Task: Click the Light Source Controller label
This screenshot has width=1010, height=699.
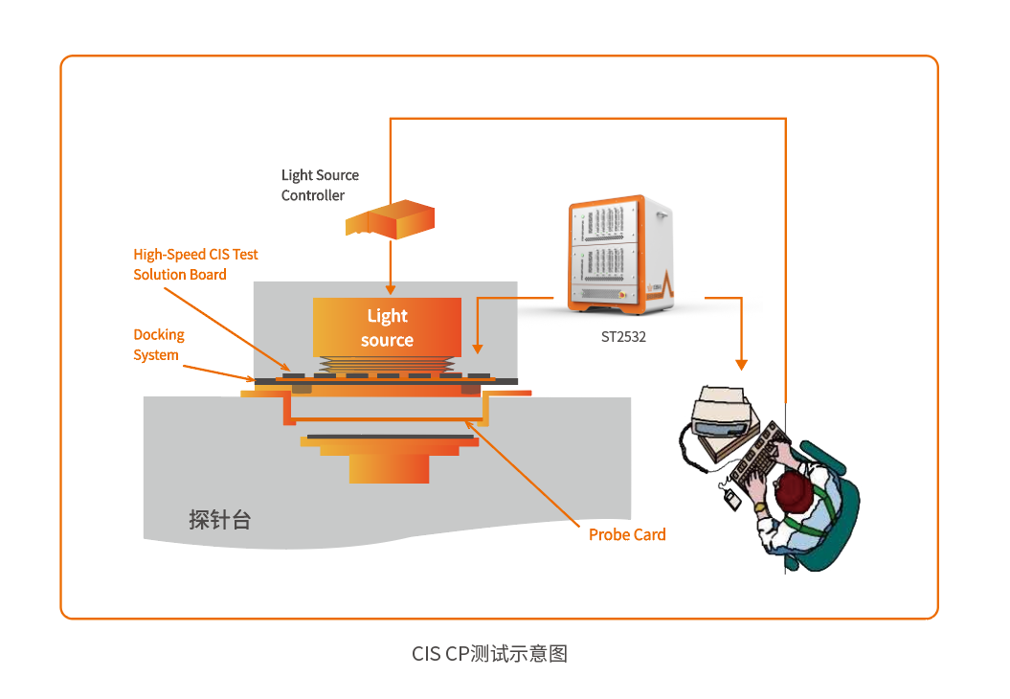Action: coord(320,185)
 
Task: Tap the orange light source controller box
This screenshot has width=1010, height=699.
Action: coord(390,219)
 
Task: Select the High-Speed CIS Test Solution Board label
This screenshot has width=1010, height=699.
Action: coord(195,264)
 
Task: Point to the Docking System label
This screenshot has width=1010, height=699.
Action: coord(158,345)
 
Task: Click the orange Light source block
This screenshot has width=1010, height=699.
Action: coord(387,327)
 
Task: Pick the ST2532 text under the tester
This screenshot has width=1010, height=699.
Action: coord(622,336)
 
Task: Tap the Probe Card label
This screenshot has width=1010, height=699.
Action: coord(627,534)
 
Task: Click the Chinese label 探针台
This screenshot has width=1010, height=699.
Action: coord(219,520)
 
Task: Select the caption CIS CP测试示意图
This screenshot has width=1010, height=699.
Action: coord(489,654)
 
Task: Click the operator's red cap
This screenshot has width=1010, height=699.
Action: coord(794,491)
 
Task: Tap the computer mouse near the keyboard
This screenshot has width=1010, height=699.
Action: coord(733,496)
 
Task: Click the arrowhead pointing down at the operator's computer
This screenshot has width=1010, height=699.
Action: coord(741,364)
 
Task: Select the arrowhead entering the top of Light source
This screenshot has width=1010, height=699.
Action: coord(390,288)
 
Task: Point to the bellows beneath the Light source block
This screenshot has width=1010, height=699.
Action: coord(387,365)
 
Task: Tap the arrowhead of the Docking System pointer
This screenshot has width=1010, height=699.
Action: coord(251,379)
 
